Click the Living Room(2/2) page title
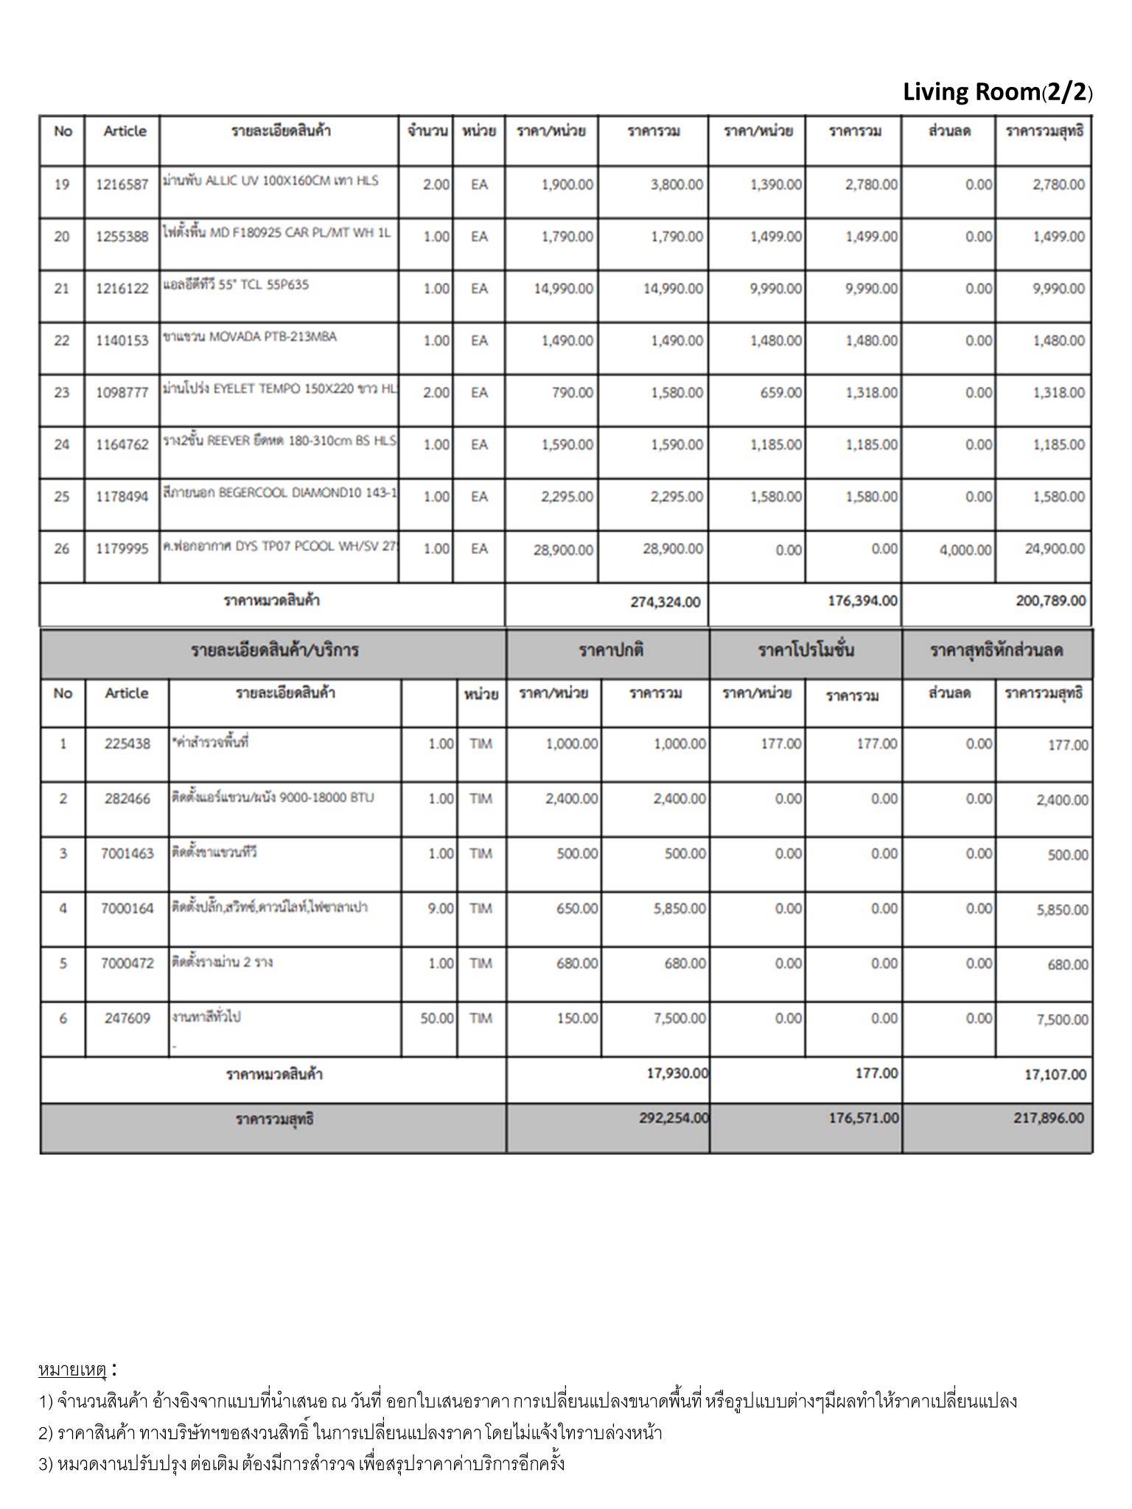click(997, 92)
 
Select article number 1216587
click(122, 185)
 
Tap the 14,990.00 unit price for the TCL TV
click(563, 289)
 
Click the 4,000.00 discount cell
click(965, 550)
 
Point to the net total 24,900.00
click(1054, 549)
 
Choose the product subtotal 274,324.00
click(665, 602)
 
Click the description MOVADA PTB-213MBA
click(250, 337)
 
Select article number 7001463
click(127, 853)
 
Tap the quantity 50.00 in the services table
click(436, 1018)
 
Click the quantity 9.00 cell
click(441, 908)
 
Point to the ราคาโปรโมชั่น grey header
click(806, 651)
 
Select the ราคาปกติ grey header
click(610, 651)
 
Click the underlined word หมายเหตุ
click(73, 1370)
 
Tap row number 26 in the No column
click(62, 549)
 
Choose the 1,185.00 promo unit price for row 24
click(776, 445)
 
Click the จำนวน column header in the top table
click(427, 131)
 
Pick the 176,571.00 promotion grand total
click(863, 1118)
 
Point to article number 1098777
click(122, 393)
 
